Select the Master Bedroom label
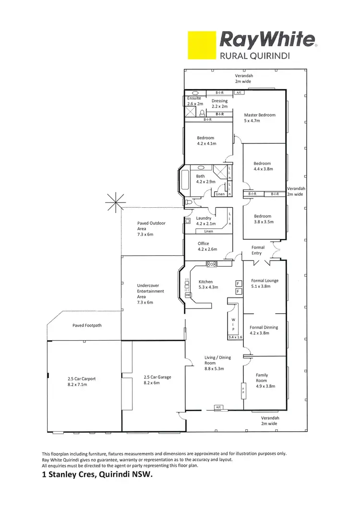click(x=260, y=118)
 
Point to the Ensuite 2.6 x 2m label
click(x=195, y=101)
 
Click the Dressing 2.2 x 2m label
click(x=219, y=104)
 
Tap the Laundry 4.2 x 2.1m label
click(x=206, y=221)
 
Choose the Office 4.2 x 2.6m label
click(x=207, y=247)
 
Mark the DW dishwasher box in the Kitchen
click(x=188, y=295)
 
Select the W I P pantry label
click(x=233, y=324)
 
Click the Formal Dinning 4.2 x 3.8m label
click(x=264, y=330)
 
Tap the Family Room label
click(x=262, y=378)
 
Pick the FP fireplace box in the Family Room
click(x=243, y=391)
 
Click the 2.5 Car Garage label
click(x=157, y=380)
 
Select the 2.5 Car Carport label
click(x=82, y=381)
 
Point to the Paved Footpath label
click(x=87, y=325)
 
